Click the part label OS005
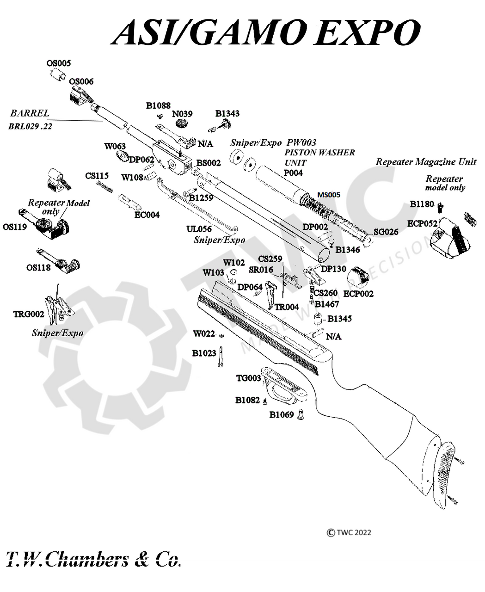(x=59, y=63)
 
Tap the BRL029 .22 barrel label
(x=30, y=126)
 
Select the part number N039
(x=182, y=114)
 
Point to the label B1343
(x=227, y=113)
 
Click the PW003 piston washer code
(x=301, y=142)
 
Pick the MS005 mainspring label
(x=328, y=195)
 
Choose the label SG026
(x=386, y=232)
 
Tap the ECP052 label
(x=422, y=223)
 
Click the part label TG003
(x=249, y=378)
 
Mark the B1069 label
(x=282, y=414)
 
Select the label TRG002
(x=29, y=314)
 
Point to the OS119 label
(x=15, y=227)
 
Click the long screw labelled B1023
(x=221, y=357)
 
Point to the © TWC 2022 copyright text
(x=349, y=532)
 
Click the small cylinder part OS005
(x=58, y=74)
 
